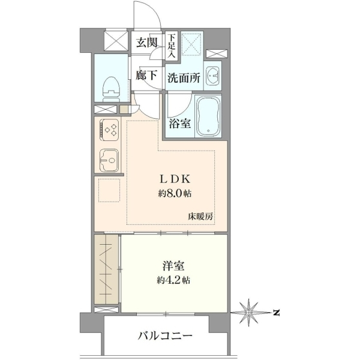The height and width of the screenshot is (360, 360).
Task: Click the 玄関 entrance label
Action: [x=146, y=43]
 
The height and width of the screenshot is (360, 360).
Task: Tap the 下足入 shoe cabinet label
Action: [x=171, y=46]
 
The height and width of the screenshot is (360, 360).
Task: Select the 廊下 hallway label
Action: [x=146, y=75]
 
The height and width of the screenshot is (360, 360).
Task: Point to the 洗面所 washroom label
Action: [x=184, y=78]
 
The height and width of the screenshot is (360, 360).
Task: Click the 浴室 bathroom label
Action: [x=180, y=124]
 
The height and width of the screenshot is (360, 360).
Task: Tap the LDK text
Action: [x=175, y=179]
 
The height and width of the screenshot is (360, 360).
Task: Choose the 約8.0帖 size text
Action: [x=175, y=194]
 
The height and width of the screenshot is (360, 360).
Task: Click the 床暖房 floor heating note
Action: [x=200, y=217]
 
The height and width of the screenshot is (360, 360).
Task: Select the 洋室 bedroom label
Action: [x=173, y=266]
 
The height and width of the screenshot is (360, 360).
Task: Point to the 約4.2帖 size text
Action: [x=173, y=280]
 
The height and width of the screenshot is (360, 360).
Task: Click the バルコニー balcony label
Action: [x=165, y=337]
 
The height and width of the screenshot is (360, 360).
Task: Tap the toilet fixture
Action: [x=112, y=89]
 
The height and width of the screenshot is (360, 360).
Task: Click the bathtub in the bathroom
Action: [x=208, y=117]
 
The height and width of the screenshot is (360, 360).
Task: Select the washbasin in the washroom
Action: [x=213, y=75]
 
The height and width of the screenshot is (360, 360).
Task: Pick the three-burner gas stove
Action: [x=109, y=130]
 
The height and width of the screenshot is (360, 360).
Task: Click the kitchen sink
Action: [x=109, y=161]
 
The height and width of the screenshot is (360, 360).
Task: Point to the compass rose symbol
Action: [x=249, y=313]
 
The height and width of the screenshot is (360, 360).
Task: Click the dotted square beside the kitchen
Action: [x=109, y=190]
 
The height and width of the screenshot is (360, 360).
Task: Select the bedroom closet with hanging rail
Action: [x=107, y=269]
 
